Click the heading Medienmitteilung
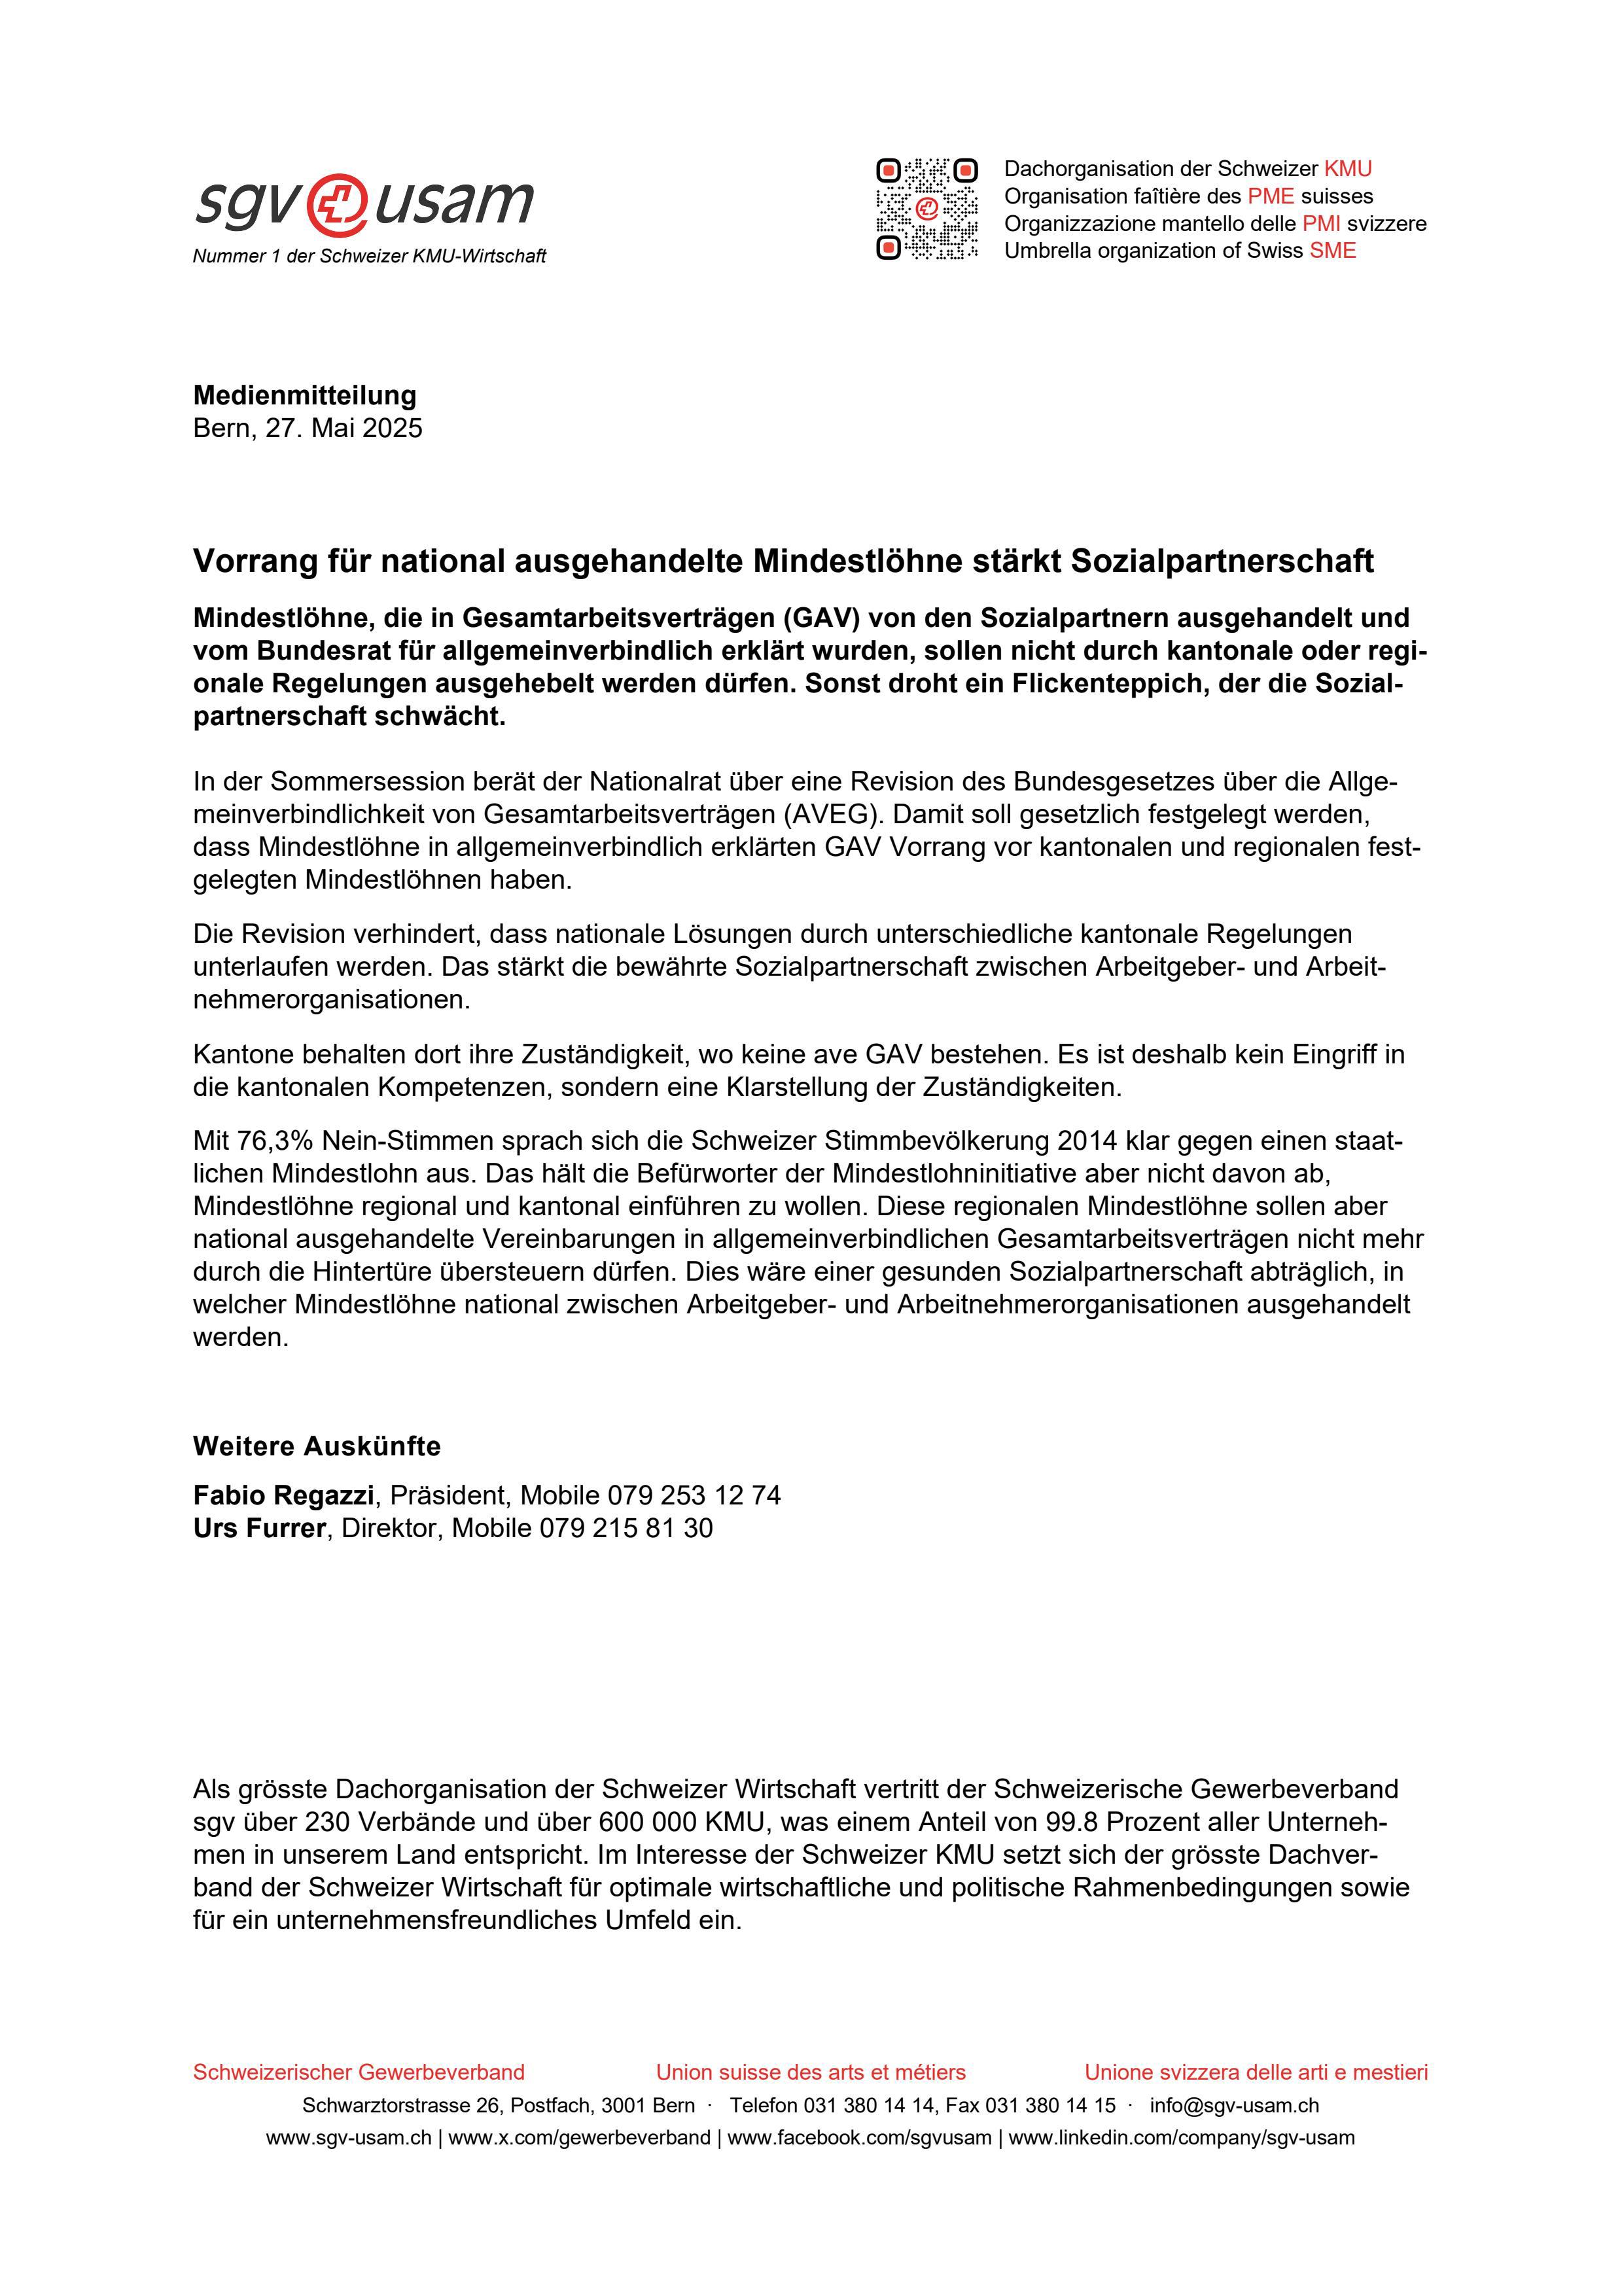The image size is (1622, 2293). [x=305, y=395]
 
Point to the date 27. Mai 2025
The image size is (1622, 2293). [x=344, y=429]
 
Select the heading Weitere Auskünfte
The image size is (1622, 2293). [x=317, y=1446]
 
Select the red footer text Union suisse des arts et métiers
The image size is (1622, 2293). [x=810, y=2072]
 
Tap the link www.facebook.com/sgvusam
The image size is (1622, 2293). [x=859, y=2138]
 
